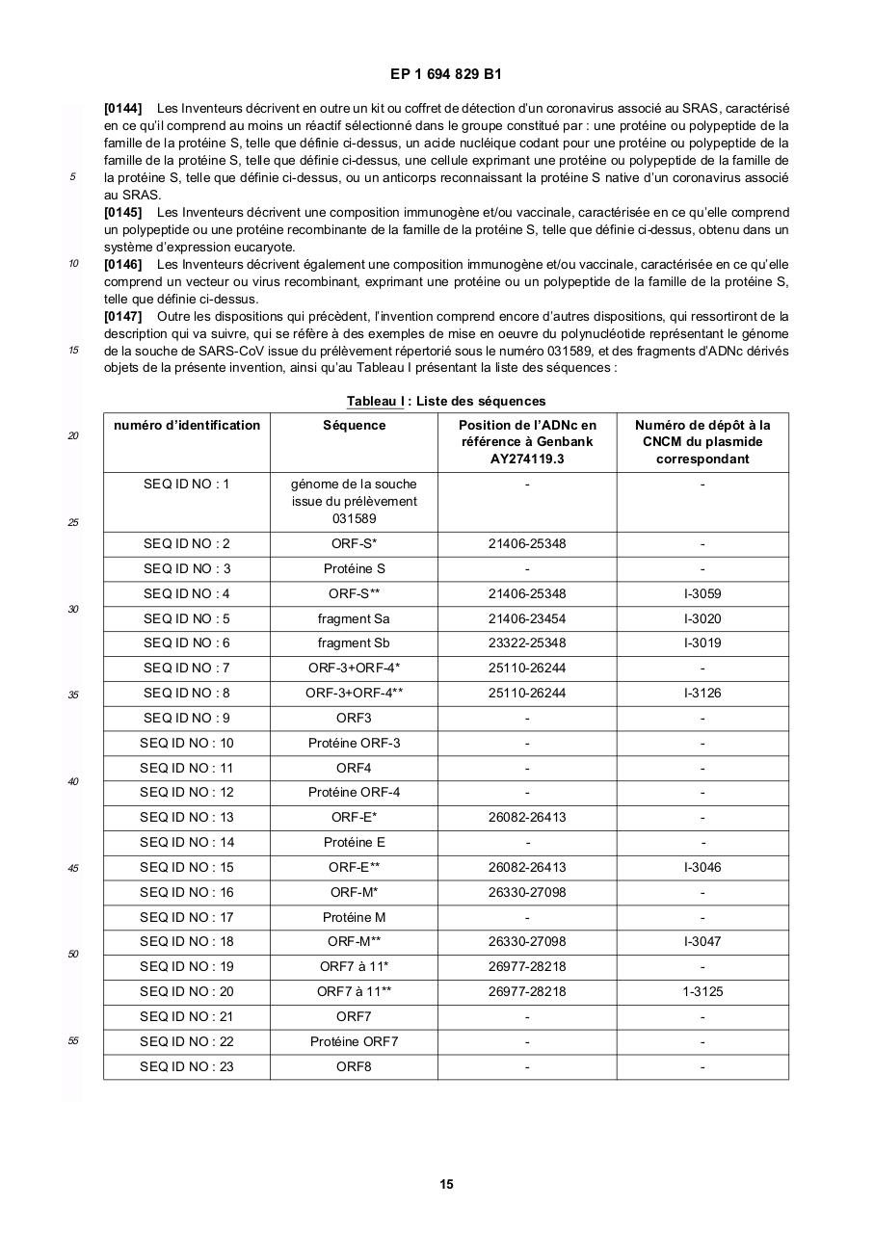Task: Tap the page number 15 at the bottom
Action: pos(446,1184)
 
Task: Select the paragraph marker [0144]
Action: pos(122,108)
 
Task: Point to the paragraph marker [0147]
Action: pos(122,316)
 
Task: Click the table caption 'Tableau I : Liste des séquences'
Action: pos(446,401)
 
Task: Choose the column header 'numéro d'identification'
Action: pos(187,425)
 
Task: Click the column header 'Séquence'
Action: pos(354,425)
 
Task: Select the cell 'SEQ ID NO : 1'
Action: pos(187,484)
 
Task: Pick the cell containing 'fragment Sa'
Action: pos(354,618)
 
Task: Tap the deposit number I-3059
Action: pos(702,593)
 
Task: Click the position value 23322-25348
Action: pos(527,643)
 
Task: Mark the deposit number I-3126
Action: pos(702,693)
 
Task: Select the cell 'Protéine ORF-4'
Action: pos(354,792)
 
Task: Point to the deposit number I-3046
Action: pos(702,867)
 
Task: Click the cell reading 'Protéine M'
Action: pos(354,917)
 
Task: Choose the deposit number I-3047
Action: pos(702,941)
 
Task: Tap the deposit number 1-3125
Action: pos(702,991)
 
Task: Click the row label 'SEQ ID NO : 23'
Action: pos(187,1066)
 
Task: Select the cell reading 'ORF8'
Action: pos(354,1066)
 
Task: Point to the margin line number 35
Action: pos(73,695)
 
